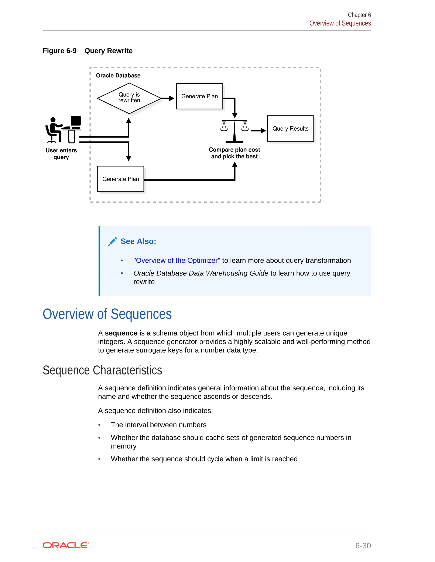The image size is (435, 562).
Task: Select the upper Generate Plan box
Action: pyautogui.click(x=199, y=96)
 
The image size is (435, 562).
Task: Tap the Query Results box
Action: pyautogui.click(x=290, y=129)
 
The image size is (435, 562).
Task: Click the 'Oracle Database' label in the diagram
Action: pyautogui.click(x=118, y=76)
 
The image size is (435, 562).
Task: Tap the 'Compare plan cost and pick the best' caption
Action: pyautogui.click(x=234, y=153)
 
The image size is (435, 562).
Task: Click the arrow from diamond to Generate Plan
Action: pyautogui.click(x=168, y=98)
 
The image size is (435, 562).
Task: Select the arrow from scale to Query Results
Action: pyautogui.click(x=258, y=131)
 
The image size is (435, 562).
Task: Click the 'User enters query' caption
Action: pyautogui.click(x=61, y=154)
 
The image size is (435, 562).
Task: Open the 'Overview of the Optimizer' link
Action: pyautogui.click(x=177, y=260)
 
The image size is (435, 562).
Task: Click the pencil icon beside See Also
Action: pyautogui.click(x=113, y=241)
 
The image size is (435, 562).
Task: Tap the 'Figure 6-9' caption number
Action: pyautogui.click(x=59, y=51)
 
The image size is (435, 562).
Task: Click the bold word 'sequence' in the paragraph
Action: pyautogui.click(x=121, y=333)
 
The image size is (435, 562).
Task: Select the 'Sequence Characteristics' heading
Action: pyautogui.click(x=102, y=370)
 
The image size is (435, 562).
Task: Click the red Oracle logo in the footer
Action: pyautogui.click(x=66, y=545)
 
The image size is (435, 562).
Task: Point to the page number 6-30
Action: pyautogui.click(x=363, y=545)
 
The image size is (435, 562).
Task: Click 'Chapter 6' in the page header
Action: pyautogui.click(x=359, y=15)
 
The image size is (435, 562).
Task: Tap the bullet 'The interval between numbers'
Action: pyautogui.click(x=158, y=425)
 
